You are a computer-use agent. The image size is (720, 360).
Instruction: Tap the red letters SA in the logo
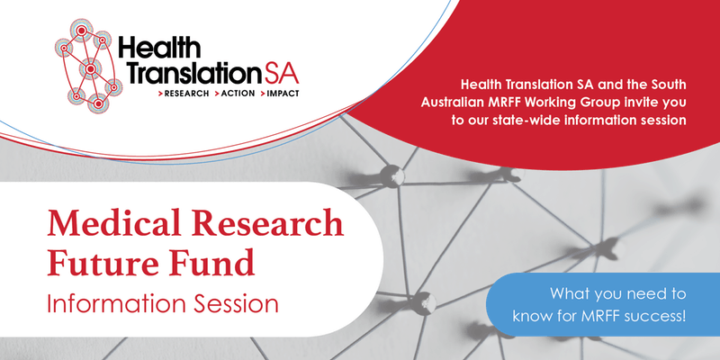point(281,73)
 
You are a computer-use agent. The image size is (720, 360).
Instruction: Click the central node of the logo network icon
point(91,70)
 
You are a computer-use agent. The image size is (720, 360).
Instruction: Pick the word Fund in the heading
point(214,262)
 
